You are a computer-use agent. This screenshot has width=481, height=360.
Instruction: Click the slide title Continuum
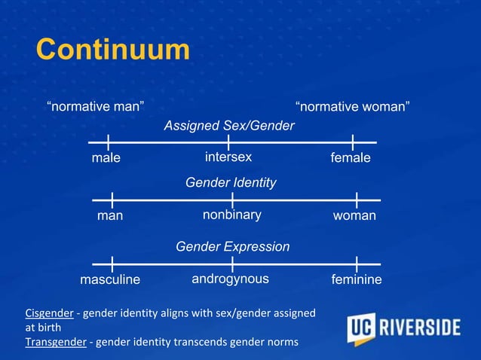pyautogui.click(x=112, y=50)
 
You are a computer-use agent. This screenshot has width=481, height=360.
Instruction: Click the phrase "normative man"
pyautogui.click(x=96, y=106)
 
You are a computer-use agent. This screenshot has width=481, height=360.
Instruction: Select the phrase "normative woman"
pyautogui.click(x=353, y=106)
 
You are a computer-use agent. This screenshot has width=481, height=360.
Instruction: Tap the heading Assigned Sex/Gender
pyautogui.click(x=229, y=126)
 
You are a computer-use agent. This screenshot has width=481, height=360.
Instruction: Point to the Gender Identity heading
pyautogui.click(x=231, y=183)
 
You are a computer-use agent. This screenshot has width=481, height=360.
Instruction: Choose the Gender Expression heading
pyautogui.click(x=232, y=246)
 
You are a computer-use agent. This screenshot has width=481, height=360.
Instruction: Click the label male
pyautogui.click(x=106, y=158)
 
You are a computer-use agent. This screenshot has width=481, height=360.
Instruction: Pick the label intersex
pyautogui.click(x=228, y=157)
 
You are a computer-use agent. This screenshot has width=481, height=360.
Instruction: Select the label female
pyautogui.click(x=351, y=158)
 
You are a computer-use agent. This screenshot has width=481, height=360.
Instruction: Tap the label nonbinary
pyautogui.click(x=232, y=215)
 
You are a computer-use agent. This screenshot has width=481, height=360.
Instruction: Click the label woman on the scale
pyautogui.click(x=354, y=216)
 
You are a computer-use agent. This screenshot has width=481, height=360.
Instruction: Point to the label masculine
pyautogui.click(x=110, y=280)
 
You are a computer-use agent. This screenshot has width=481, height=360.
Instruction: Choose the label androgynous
pyautogui.click(x=230, y=279)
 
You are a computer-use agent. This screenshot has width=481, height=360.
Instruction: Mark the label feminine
pyautogui.click(x=357, y=280)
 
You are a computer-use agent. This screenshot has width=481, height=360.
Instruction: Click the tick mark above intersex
pyautogui.click(x=228, y=142)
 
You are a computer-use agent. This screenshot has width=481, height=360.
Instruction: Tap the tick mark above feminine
pyautogui.click(x=355, y=264)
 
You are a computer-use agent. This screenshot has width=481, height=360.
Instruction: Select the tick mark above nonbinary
pyautogui.click(x=232, y=200)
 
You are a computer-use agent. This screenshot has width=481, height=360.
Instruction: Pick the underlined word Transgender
pyautogui.click(x=55, y=342)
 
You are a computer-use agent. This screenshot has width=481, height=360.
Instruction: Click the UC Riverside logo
pyautogui.click(x=403, y=328)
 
